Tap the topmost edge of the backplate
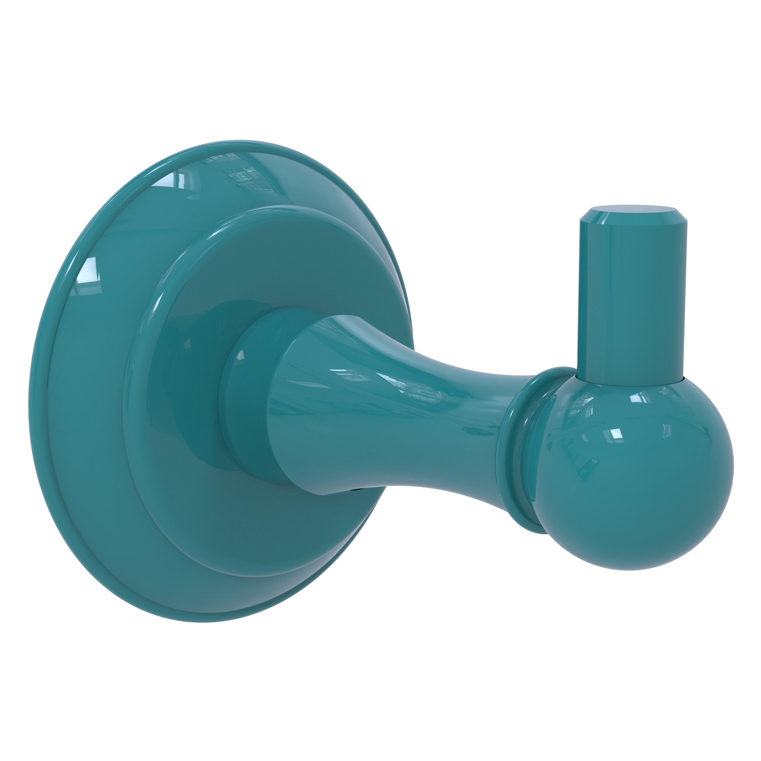252,141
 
